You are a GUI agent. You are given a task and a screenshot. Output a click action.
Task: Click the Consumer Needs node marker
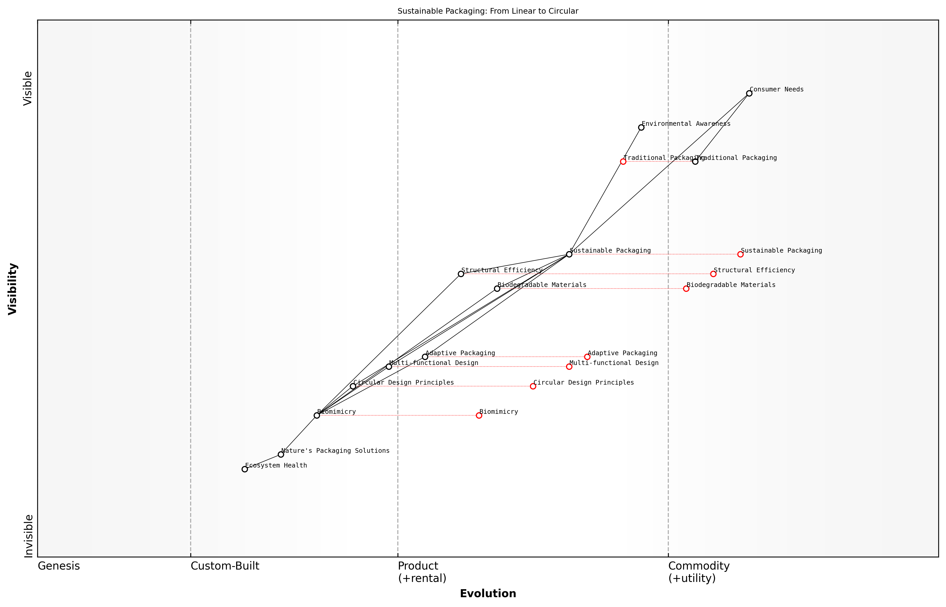click(749, 94)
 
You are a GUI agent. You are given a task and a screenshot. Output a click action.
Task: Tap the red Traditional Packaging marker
click(623, 162)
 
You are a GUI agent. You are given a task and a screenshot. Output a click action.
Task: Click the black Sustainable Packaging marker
click(569, 254)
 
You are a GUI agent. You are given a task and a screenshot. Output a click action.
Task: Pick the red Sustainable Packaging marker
click(740, 254)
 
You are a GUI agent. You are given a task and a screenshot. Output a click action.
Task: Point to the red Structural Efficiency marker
click(713, 274)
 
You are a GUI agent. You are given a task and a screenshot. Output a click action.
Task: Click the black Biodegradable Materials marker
click(497, 289)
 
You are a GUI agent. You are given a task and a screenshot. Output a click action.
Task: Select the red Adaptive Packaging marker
click(587, 357)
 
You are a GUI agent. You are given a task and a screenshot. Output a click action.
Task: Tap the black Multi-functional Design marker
click(389, 367)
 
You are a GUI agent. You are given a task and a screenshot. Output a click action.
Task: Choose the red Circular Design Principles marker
click(533, 386)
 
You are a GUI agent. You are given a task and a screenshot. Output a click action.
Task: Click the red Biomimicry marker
click(479, 415)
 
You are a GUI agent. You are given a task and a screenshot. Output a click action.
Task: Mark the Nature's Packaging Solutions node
click(281, 454)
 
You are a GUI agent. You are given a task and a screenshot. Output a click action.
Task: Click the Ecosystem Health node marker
click(245, 469)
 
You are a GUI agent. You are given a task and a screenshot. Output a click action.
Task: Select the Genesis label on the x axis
click(59, 566)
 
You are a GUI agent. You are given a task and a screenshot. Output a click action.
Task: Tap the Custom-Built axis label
click(225, 566)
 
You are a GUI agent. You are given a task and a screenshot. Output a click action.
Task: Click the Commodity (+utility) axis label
click(699, 572)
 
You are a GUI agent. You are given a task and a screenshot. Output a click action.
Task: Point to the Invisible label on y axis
click(28, 536)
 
